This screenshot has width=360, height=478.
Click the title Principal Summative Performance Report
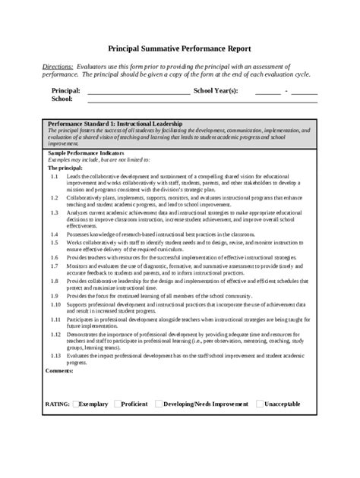[x=179, y=47]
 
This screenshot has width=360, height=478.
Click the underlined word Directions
[x=58, y=67]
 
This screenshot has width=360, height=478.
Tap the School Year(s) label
[x=216, y=90]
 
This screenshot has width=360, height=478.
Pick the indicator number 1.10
[x=55, y=303]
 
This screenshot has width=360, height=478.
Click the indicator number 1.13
[x=55, y=355]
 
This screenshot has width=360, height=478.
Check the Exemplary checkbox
[x=77, y=404]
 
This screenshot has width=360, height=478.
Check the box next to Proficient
[x=118, y=404]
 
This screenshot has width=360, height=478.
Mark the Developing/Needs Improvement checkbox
[x=159, y=404]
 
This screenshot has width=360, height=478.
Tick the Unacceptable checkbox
[x=261, y=404]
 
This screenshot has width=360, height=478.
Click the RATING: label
[x=58, y=404]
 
